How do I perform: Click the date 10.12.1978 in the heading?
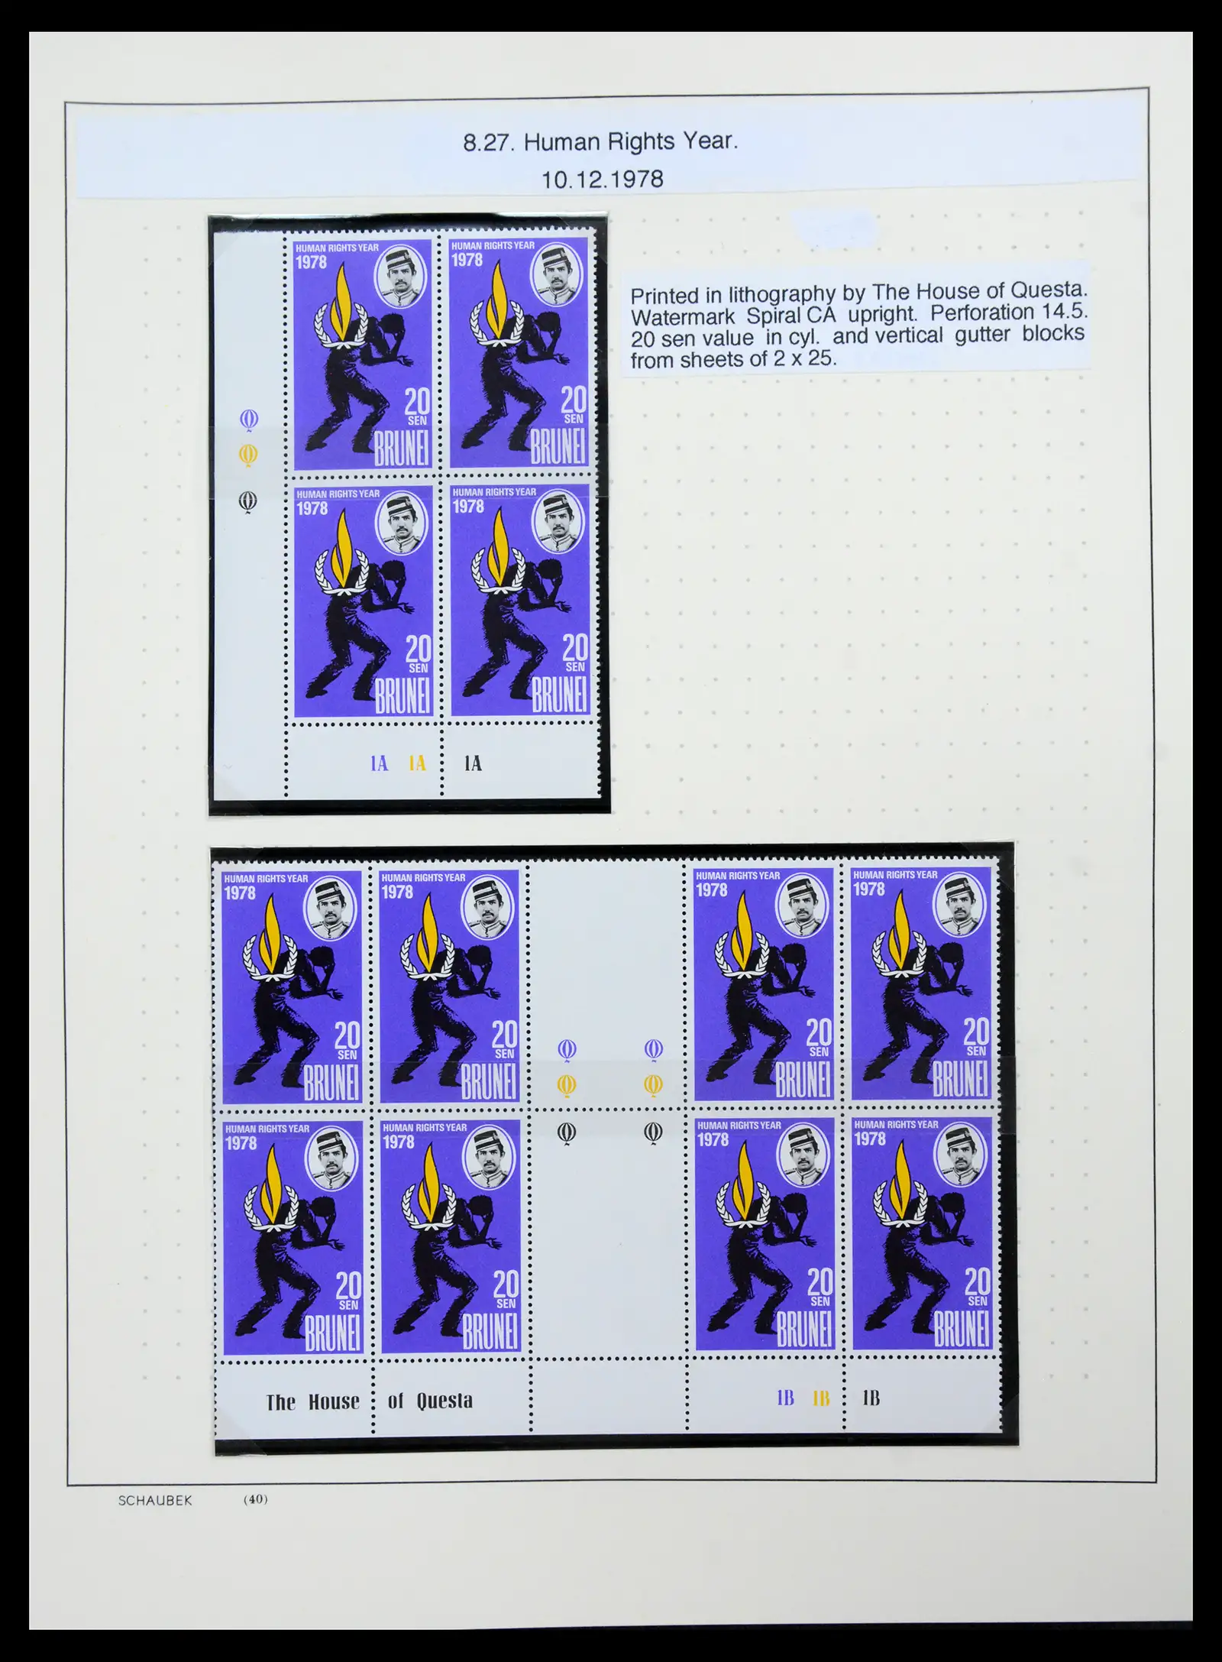602,180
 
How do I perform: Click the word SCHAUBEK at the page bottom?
155,1501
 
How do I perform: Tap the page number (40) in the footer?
255,1499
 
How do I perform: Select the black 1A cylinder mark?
473,763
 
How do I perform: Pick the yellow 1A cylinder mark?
417,763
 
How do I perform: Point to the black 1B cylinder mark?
871,1398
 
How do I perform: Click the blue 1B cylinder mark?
785,1398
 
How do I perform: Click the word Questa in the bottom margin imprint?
445,1401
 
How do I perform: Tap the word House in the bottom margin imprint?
334,1402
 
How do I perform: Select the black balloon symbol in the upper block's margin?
248,502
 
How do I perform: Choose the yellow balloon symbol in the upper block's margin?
248,456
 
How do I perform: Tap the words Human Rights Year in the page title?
631,142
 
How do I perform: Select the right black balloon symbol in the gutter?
653,1132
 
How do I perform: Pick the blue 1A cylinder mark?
380,763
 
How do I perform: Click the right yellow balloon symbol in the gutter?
653,1084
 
